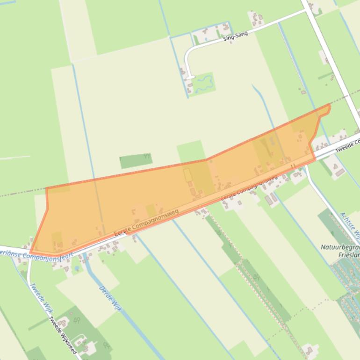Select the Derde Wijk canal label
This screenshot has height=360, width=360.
point(110,298)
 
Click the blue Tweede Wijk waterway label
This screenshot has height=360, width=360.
point(39,296)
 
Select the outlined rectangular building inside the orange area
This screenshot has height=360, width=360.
point(187,175)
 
